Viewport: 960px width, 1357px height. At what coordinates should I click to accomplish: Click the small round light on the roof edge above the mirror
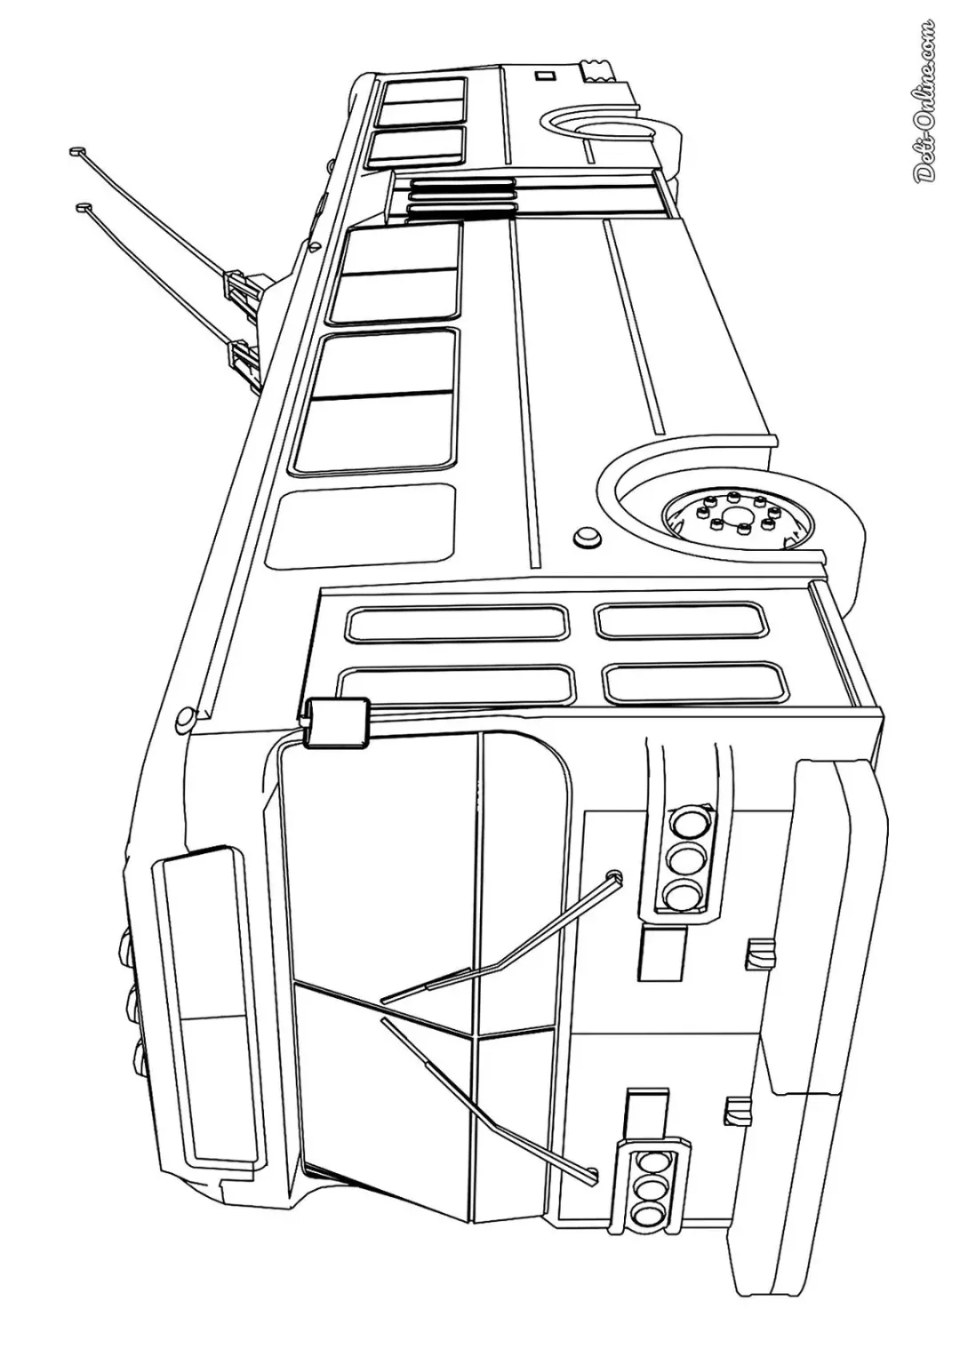[186, 719]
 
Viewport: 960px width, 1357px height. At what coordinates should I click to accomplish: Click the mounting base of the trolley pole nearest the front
[244, 363]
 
